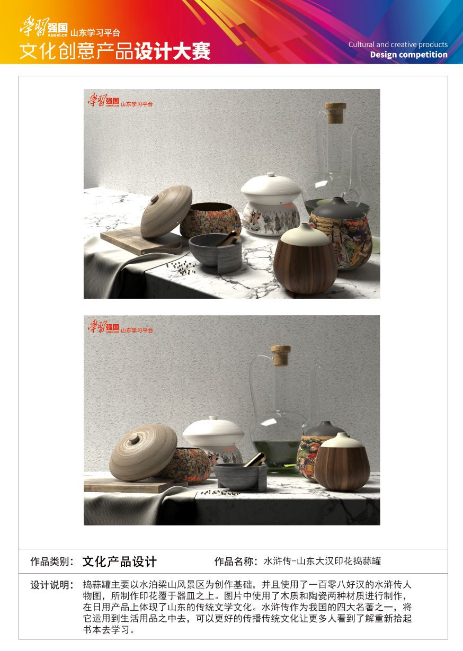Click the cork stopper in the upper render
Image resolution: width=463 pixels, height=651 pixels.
336,112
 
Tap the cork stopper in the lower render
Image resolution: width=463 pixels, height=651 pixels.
281,355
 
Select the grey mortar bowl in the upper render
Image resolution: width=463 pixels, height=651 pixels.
215,252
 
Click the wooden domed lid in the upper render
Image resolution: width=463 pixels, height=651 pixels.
166,211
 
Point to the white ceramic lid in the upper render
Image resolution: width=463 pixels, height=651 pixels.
271,188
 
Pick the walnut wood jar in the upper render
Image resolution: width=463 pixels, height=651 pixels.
305,258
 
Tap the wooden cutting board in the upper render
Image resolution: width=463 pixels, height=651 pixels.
143,240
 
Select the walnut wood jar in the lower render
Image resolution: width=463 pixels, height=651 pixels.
342,461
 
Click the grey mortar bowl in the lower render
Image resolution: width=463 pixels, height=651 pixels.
241,477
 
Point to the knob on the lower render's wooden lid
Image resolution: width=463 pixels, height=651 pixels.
134,438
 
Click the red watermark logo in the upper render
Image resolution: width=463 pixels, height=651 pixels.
120,101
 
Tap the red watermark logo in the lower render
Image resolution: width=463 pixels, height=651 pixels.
120,326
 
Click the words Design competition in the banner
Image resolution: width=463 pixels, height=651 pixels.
408,55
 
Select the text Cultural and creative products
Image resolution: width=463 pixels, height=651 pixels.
398,44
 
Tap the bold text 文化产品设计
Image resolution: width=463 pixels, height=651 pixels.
119,561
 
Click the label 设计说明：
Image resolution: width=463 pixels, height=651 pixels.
52,585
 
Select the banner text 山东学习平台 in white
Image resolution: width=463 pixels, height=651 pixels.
95,32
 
